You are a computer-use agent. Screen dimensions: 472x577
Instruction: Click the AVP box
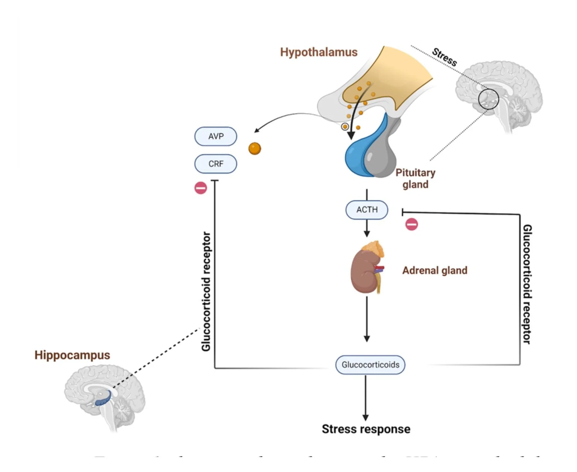(216, 136)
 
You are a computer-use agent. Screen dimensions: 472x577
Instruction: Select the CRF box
(216, 164)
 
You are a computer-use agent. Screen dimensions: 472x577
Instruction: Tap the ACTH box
(367, 210)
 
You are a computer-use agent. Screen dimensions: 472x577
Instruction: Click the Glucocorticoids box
(370, 365)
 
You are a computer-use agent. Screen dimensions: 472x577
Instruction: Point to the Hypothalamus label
(319, 52)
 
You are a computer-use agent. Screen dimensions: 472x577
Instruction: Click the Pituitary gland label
(415, 178)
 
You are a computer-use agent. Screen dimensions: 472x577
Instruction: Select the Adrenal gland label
(435, 271)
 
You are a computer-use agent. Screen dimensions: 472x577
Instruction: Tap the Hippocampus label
(72, 355)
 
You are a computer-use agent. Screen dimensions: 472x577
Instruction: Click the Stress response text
(366, 429)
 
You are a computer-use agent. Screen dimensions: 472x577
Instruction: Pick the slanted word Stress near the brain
(444, 57)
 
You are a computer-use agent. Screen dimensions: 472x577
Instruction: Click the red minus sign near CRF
(201, 188)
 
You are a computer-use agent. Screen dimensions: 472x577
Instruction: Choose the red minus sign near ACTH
(412, 224)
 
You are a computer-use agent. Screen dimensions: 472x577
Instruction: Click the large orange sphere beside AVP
(255, 149)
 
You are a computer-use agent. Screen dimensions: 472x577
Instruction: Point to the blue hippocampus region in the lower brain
(104, 399)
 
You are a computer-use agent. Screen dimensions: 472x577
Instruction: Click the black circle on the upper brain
(488, 99)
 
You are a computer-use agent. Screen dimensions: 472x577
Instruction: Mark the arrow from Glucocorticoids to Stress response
(366, 398)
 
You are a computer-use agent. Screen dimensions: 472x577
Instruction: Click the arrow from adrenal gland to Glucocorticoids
(367, 318)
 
